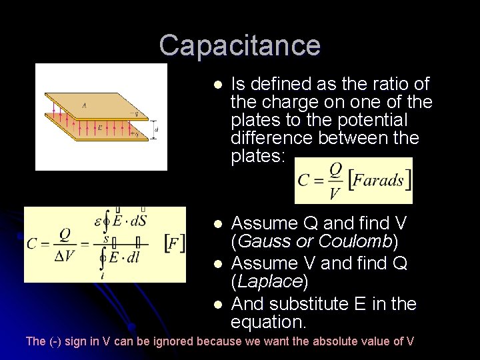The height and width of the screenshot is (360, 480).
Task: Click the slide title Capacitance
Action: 240,45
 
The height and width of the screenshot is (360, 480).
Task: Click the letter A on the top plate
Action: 83,104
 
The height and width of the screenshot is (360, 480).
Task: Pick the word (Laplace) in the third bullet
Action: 269,283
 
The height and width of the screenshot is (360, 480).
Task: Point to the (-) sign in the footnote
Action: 56,341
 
